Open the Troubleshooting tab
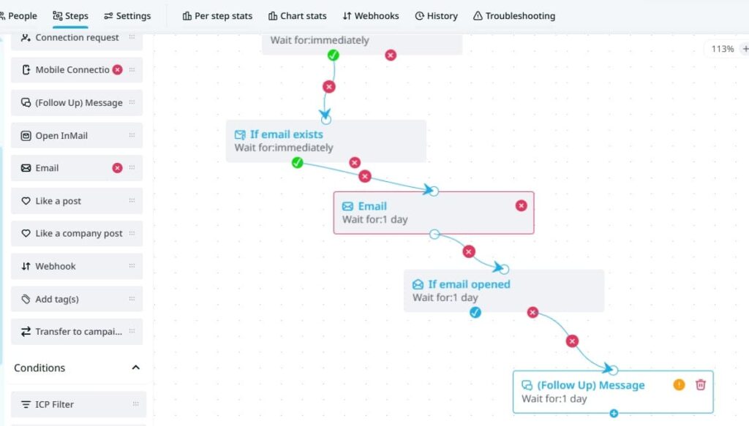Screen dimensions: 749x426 pyautogui.click(x=514, y=16)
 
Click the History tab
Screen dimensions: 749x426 pyautogui.click(x=436, y=16)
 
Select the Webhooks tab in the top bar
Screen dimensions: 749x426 pyautogui.click(x=371, y=16)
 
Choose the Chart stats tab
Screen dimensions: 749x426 pyautogui.click(x=297, y=16)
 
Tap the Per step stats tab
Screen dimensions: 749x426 pyautogui.click(x=217, y=16)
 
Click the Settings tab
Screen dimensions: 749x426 pyautogui.click(x=127, y=16)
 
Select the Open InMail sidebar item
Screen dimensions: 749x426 pyautogui.click(x=76, y=135)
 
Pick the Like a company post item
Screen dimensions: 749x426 pyautogui.click(x=76, y=233)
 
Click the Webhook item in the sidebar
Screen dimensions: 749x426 pyautogui.click(x=76, y=266)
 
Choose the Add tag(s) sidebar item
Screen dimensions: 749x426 pyautogui.click(x=76, y=299)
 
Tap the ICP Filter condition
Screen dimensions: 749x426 pyautogui.click(x=78, y=405)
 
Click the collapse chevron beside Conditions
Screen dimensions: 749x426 pyautogui.click(x=135, y=368)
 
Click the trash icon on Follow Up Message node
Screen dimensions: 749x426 pyautogui.click(x=700, y=384)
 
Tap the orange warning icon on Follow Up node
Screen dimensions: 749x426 pyautogui.click(x=679, y=384)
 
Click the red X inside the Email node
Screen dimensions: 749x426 pyautogui.click(x=521, y=205)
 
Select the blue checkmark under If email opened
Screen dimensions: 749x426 pyautogui.click(x=475, y=313)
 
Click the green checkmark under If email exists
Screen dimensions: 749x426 pyautogui.click(x=297, y=163)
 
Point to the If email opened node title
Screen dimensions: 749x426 pyautogui.click(x=469, y=284)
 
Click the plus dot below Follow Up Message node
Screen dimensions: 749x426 pyautogui.click(x=614, y=413)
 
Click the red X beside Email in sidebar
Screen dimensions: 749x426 pyautogui.click(x=117, y=168)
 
